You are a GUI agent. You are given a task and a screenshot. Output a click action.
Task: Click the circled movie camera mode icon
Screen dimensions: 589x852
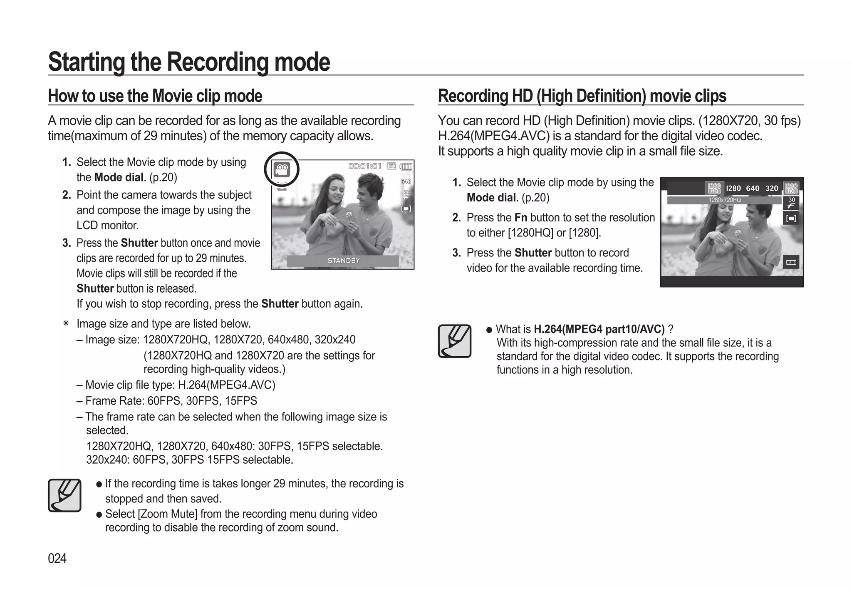pos(282,169)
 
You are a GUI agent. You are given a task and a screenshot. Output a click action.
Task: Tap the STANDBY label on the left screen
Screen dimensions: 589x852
pos(343,261)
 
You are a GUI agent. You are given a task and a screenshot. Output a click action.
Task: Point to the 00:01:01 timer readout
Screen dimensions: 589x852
pos(365,167)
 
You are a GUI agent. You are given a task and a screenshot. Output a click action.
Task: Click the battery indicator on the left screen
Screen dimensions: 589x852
pos(406,167)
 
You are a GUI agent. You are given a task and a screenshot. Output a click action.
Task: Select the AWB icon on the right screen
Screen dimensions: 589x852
pos(791,262)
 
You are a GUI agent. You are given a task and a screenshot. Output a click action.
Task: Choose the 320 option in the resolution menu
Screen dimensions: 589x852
pos(772,189)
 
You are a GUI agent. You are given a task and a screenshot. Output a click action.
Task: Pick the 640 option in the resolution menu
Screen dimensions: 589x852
pos(753,189)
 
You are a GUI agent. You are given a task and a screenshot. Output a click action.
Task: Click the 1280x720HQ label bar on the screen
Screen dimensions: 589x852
pos(724,200)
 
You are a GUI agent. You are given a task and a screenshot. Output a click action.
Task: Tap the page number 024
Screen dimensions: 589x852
pos(57,558)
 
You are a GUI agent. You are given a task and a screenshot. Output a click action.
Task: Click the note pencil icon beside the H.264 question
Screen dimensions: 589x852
pos(454,341)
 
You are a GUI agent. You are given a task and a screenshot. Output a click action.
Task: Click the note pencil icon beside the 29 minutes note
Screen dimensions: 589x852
pos(64,495)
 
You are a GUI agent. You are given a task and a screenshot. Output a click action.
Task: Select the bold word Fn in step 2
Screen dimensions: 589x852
pos(521,218)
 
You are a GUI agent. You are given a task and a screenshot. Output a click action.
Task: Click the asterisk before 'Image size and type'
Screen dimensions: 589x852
pos(66,324)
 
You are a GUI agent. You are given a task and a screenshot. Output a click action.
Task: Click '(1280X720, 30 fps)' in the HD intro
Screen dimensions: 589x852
pos(749,121)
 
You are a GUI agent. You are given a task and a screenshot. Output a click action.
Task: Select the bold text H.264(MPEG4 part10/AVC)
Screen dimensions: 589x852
pos(599,329)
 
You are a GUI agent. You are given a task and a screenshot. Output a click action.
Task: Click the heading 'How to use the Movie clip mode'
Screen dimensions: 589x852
pos(155,96)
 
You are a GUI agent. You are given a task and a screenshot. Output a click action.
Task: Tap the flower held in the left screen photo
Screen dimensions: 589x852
pos(349,215)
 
